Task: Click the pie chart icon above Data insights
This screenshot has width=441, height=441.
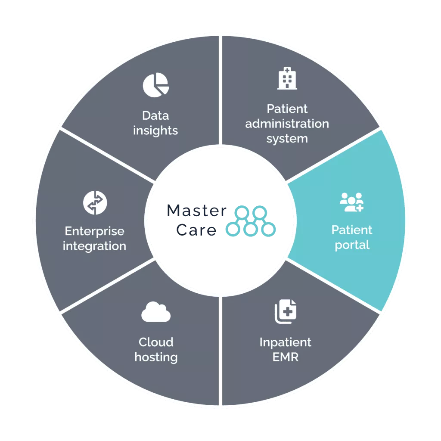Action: click(156, 84)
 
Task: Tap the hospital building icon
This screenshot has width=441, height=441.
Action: click(287, 78)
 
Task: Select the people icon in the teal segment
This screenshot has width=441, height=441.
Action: click(351, 202)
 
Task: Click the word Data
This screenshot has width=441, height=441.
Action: click(155, 115)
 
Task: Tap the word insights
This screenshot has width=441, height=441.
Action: click(155, 130)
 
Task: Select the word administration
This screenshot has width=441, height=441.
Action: click(287, 124)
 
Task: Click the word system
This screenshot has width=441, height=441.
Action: click(287, 139)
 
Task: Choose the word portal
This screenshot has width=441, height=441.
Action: click(352, 245)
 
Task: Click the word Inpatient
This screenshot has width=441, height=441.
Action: click(285, 342)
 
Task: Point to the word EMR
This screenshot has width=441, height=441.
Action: click(285, 357)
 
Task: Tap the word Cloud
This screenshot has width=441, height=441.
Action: click(156, 342)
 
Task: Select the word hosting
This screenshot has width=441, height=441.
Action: click(156, 357)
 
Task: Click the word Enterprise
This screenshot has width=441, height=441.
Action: click(95, 231)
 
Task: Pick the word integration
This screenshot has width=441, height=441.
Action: click(95, 246)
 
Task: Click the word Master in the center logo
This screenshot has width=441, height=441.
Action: click(196, 211)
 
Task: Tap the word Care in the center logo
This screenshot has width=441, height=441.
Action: click(196, 230)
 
